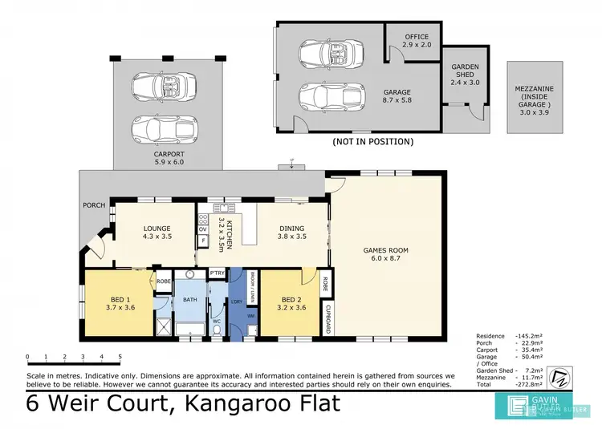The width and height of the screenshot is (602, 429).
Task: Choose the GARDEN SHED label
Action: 464,76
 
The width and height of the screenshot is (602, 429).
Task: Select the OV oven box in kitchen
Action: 203,229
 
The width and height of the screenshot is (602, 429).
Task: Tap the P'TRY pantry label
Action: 216,273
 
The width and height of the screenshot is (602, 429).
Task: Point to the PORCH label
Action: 93,205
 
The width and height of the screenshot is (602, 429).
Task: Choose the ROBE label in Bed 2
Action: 325,284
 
